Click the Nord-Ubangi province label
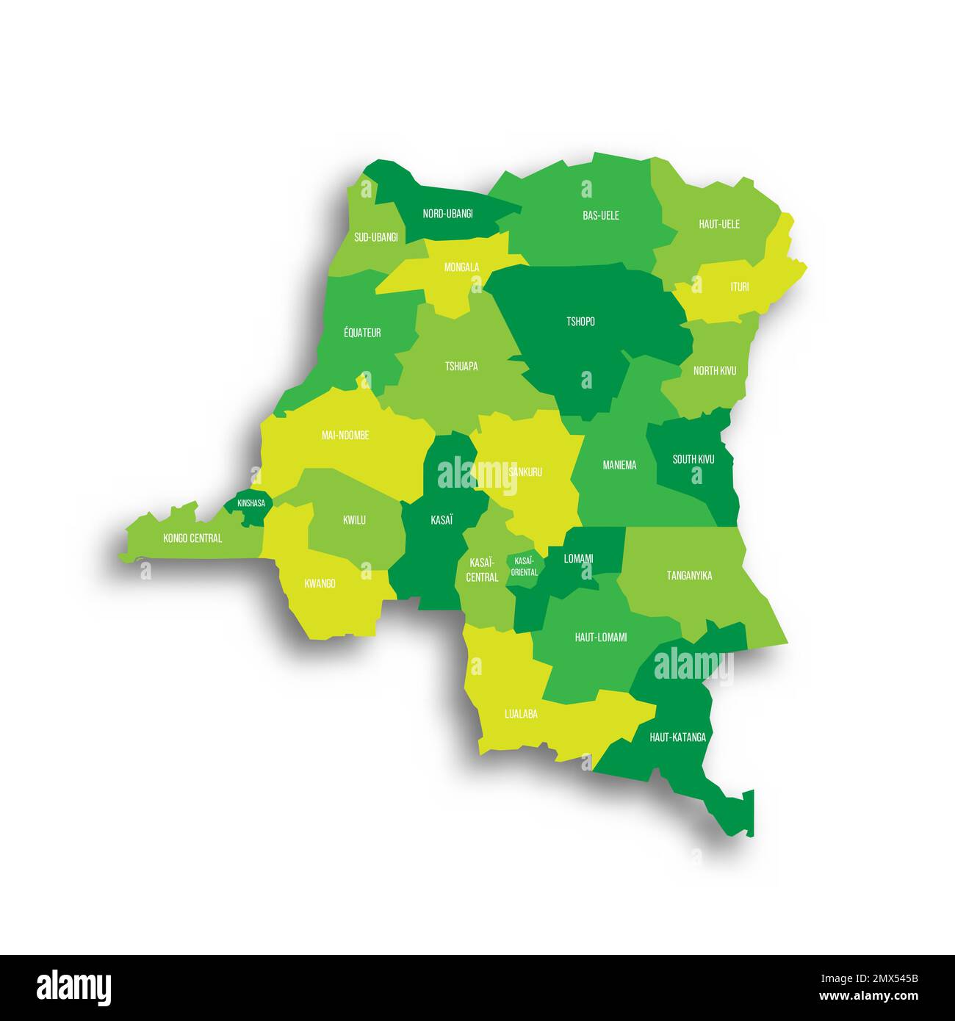[x=447, y=214]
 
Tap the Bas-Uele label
[x=600, y=215]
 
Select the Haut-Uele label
[x=719, y=224]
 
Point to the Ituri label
[x=739, y=286]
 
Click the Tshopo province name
[x=580, y=322]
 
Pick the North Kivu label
[x=714, y=371]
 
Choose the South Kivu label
[x=693, y=460]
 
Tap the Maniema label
[x=619, y=465]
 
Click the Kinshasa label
[x=251, y=503]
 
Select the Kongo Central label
[x=192, y=538]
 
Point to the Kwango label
[x=320, y=584]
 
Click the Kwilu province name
[x=354, y=520]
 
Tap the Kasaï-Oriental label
[x=525, y=566]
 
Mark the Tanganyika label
[x=689, y=576]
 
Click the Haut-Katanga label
[x=677, y=737]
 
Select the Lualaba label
[x=521, y=713]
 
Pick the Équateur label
[x=362, y=333]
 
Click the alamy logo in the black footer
[x=74, y=987]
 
